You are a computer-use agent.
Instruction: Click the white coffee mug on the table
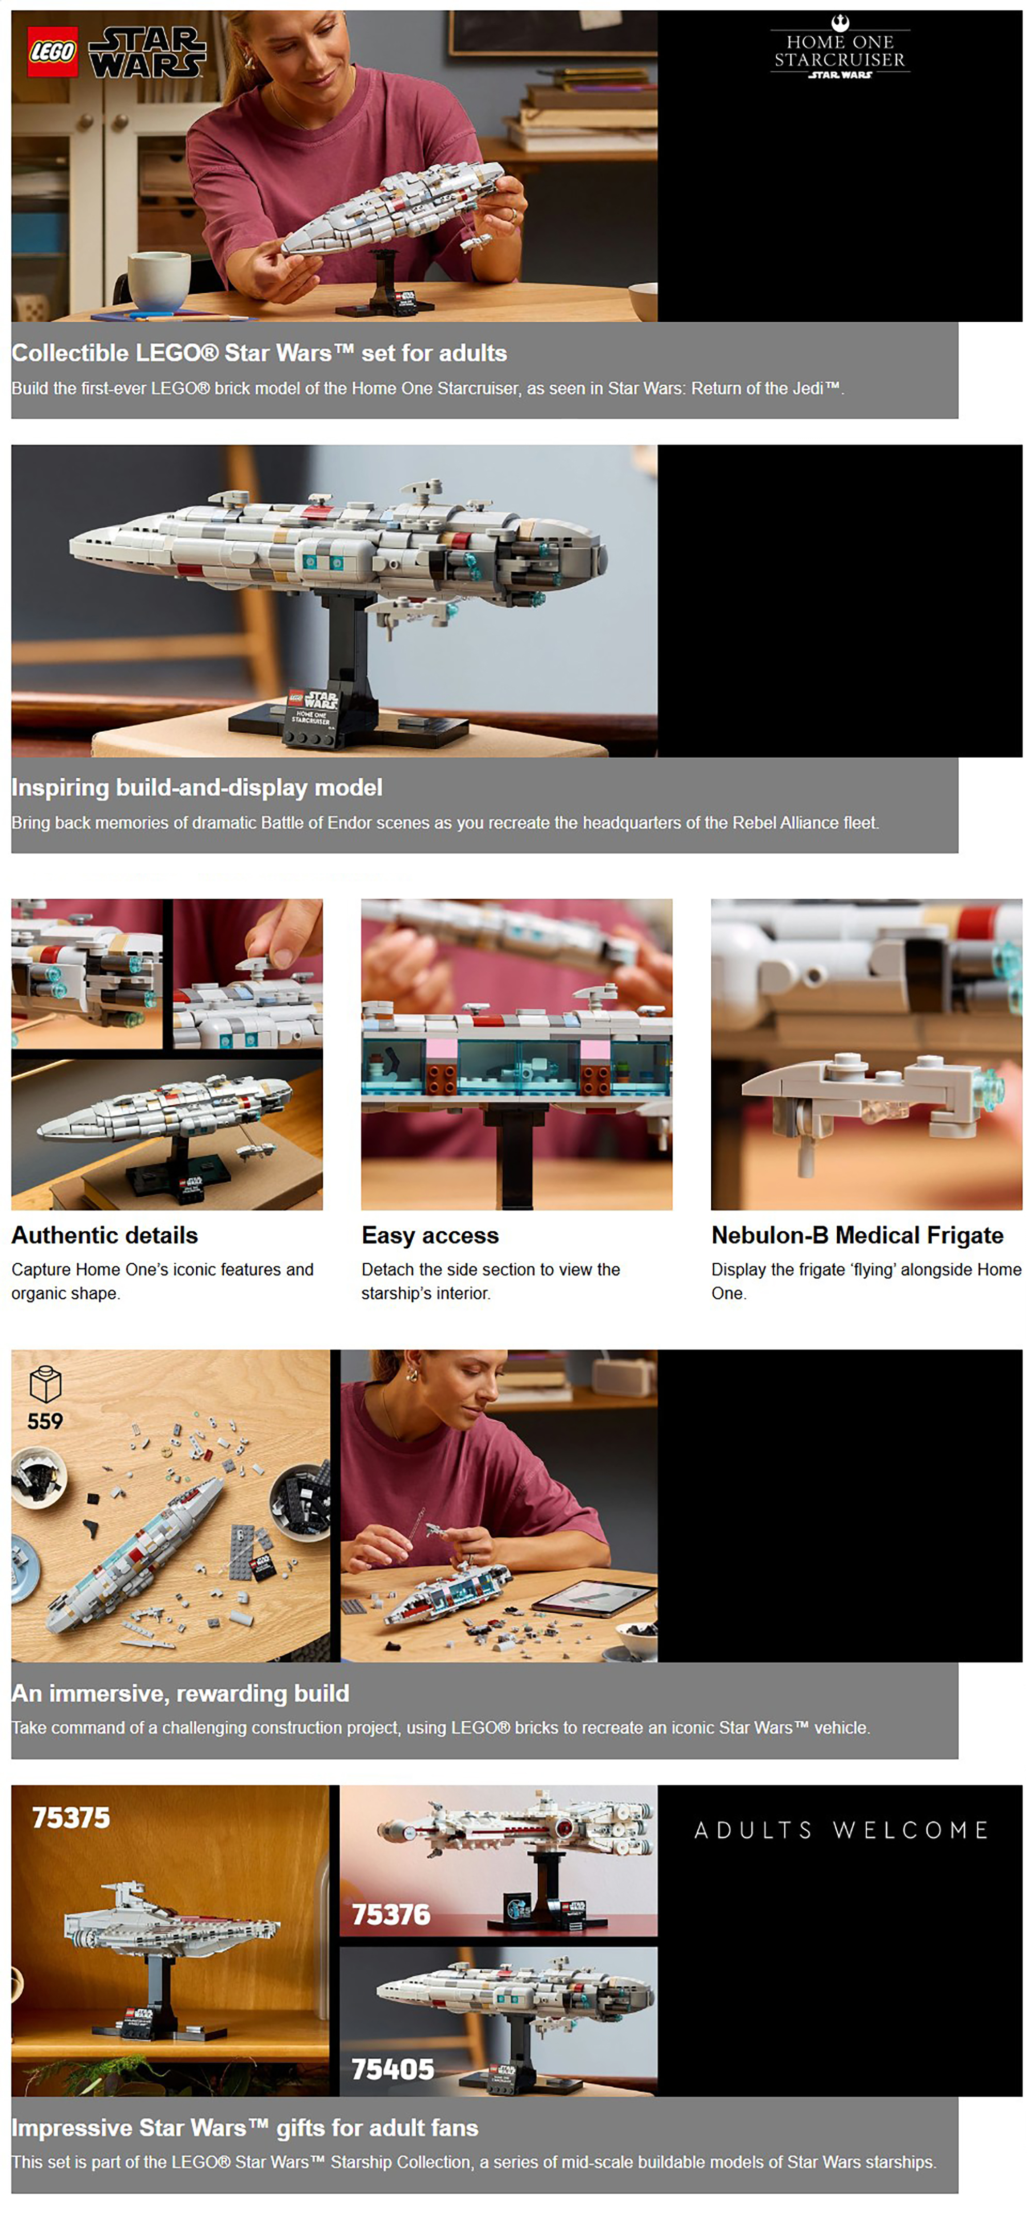pos(159,279)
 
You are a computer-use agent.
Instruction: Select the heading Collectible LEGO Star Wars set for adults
pos(259,353)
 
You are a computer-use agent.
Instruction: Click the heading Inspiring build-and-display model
pos(197,788)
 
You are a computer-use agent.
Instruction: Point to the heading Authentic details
pos(105,1235)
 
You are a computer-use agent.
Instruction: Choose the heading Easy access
pos(430,1235)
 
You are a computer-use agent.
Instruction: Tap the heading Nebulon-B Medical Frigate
pos(857,1235)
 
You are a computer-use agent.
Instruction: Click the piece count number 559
pos(45,1421)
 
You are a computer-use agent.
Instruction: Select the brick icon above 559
pos(45,1384)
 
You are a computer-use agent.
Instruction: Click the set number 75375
pos(71,1817)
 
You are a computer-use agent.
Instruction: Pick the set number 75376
pos(390,1914)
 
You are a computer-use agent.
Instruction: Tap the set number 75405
pos(392,2069)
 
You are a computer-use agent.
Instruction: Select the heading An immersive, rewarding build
pos(180,1693)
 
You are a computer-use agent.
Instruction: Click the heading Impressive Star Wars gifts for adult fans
pos(245,2128)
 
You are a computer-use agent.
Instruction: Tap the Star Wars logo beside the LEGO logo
pos(147,52)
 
